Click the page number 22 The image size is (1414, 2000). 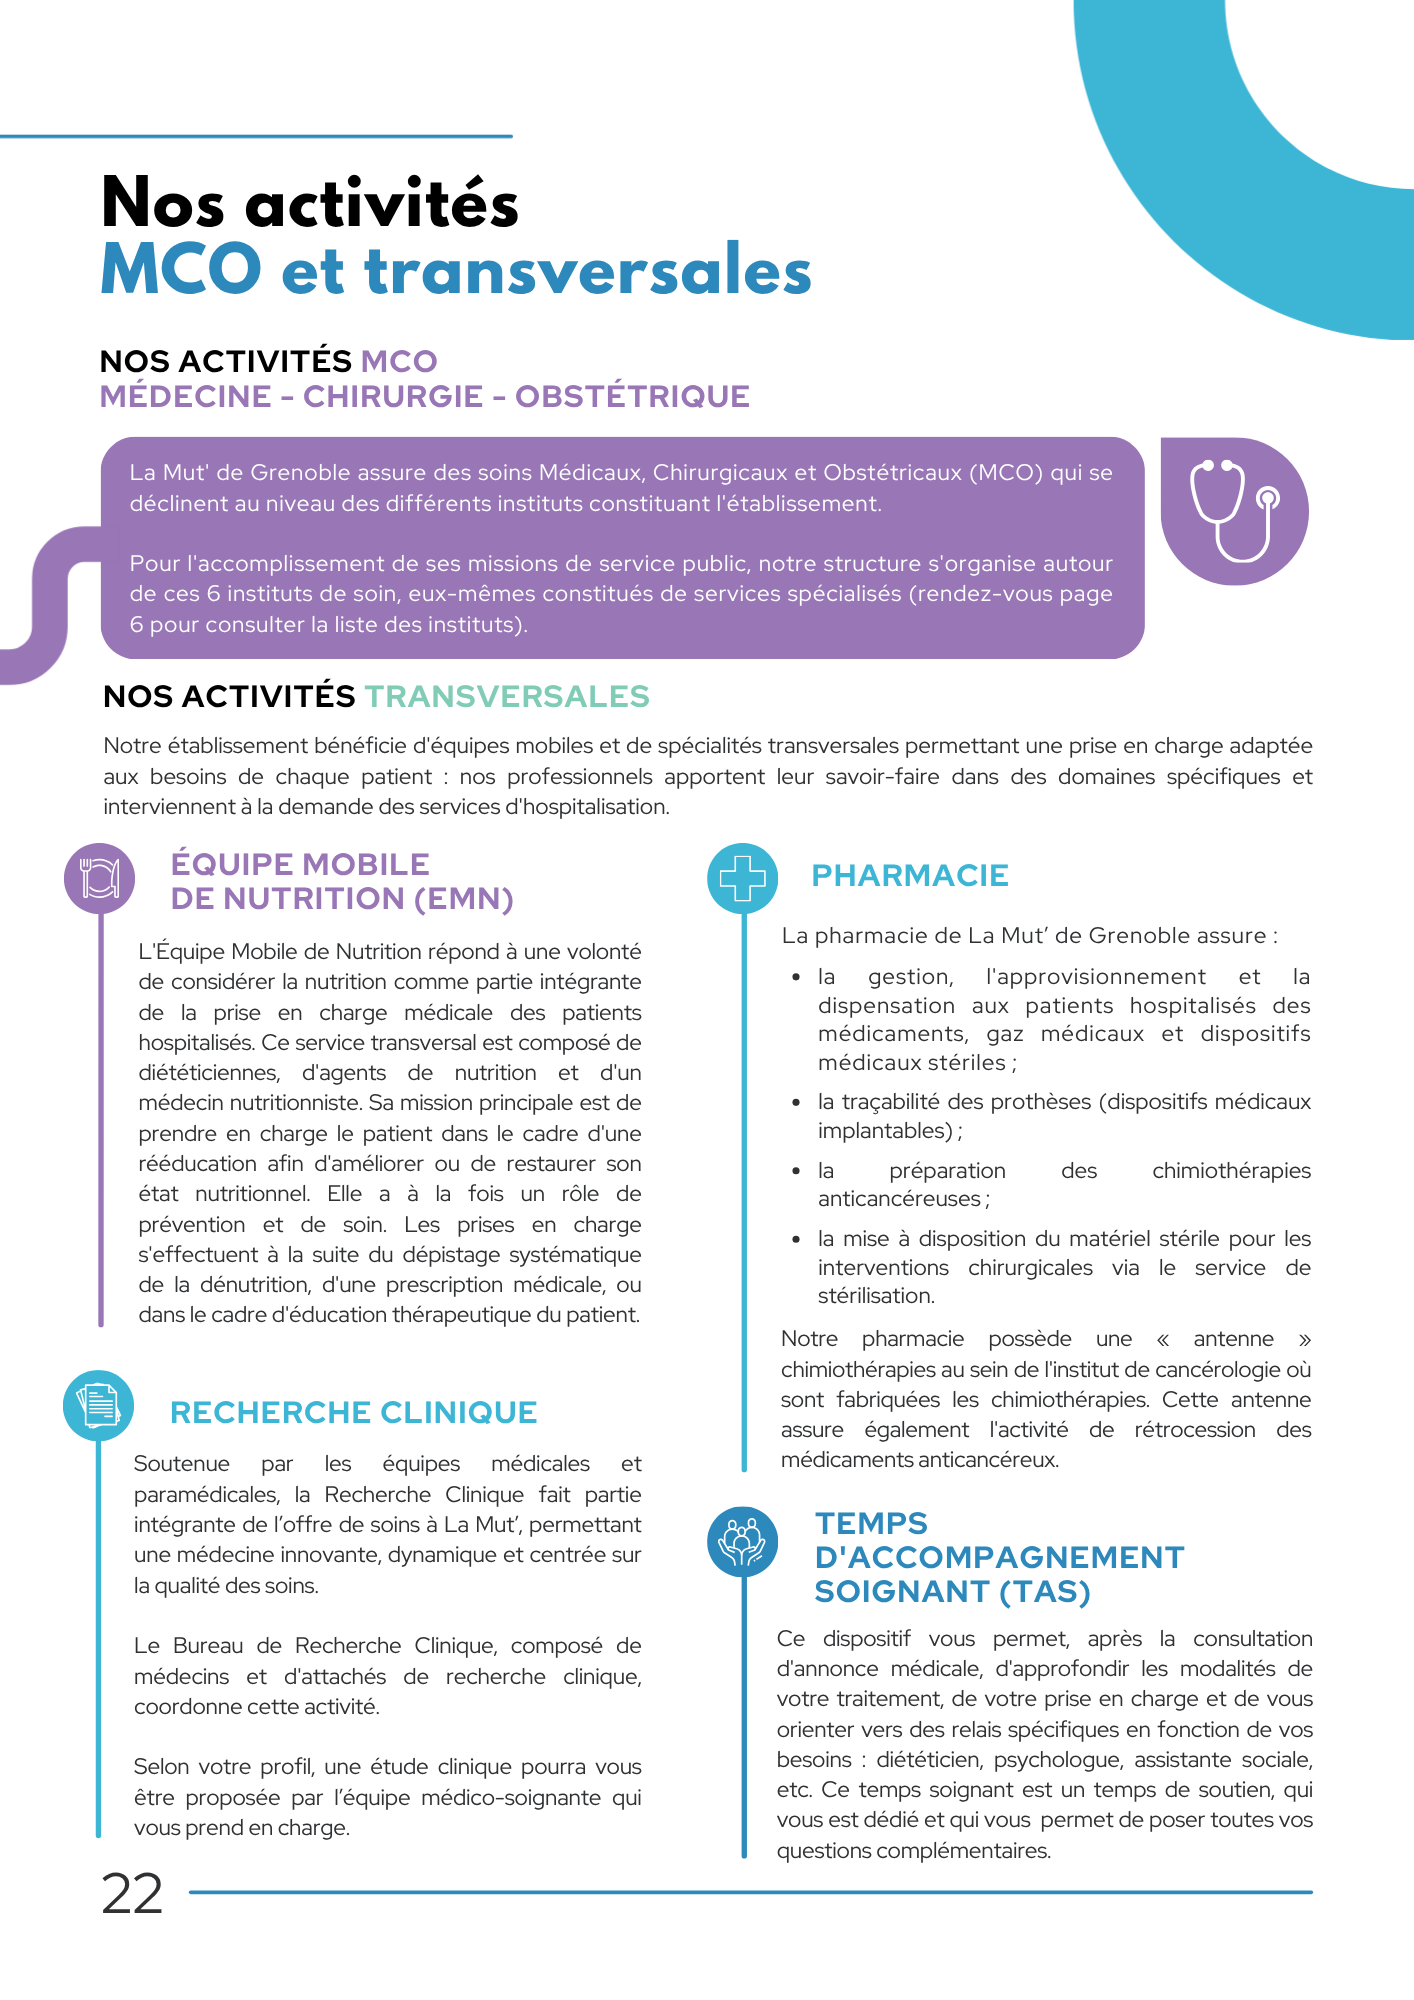pyautogui.click(x=132, y=1894)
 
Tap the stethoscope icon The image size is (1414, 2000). pyautogui.click(x=1234, y=511)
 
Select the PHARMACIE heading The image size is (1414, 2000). pyautogui.click(x=909, y=875)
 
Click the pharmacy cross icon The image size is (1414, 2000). pyautogui.click(x=742, y=878)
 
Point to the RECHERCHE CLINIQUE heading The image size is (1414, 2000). pyautogui.click(x=353, y=1412)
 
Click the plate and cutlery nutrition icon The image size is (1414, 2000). pyautogui.click(x=99, y=878)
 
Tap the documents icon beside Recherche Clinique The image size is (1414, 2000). pyautogui.click(x=98, y=1405)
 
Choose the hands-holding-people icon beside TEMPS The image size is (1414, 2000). pyautogui.click(x=742, y=1541)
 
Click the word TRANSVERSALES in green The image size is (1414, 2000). pyautogui.click(x=507, y=696)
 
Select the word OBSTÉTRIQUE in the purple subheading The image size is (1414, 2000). pyautogui.click(x=632, y=396)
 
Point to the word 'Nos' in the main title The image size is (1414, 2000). pyautogui.click(x=163, y=203)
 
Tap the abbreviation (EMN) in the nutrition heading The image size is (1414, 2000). pyautogui.click(x=464, y=899)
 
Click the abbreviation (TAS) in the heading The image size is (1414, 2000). pyautogui.click(x=1044, y=1591)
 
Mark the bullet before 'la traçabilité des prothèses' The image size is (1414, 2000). pyautogui.click(x=796, y=1103)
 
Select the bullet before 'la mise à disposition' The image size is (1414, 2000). pyautogui.click(x=796, y=1240)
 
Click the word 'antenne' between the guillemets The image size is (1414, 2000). pyautogui.click(x=1233, y=1339)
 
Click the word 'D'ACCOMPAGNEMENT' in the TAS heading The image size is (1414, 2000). pyautogui.click(x=999, y=1557)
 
